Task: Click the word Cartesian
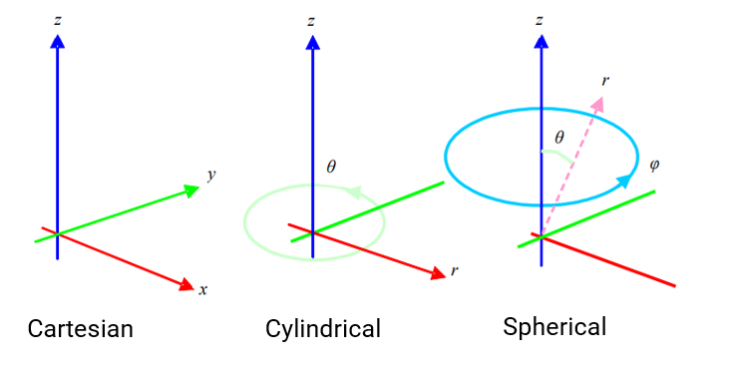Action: [x=80, y=328]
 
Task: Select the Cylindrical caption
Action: [x=323, y=328]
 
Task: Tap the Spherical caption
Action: [x=554, y=326]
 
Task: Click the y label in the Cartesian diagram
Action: [x=211, y=175]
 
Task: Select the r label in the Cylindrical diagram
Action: [x=455, y=269]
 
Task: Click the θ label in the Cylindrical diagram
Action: [x=331, y=167]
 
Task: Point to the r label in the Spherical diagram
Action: [x=605, y=80]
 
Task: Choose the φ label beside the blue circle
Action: [x=653, y=164]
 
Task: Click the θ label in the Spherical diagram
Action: [x=558, y=139]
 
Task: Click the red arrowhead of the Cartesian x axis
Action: [x=185, y=285]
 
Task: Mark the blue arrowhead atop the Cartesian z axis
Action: [x=57, y=41]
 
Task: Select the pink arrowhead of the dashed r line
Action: [x=598, y=103]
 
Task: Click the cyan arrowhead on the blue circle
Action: [x=624, y=181]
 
